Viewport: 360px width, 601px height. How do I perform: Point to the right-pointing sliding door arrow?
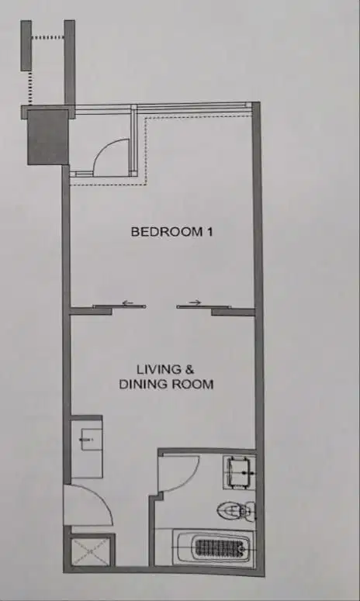pyautogui.click(x=194, y=302)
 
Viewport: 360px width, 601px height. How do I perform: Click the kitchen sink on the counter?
pyautogui.click(x=87, y=440)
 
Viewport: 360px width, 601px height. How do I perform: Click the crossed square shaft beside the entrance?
pyautogui.click(x=88, y=551)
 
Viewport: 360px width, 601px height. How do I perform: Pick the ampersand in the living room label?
pyautogui.click(x=184, y=369)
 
